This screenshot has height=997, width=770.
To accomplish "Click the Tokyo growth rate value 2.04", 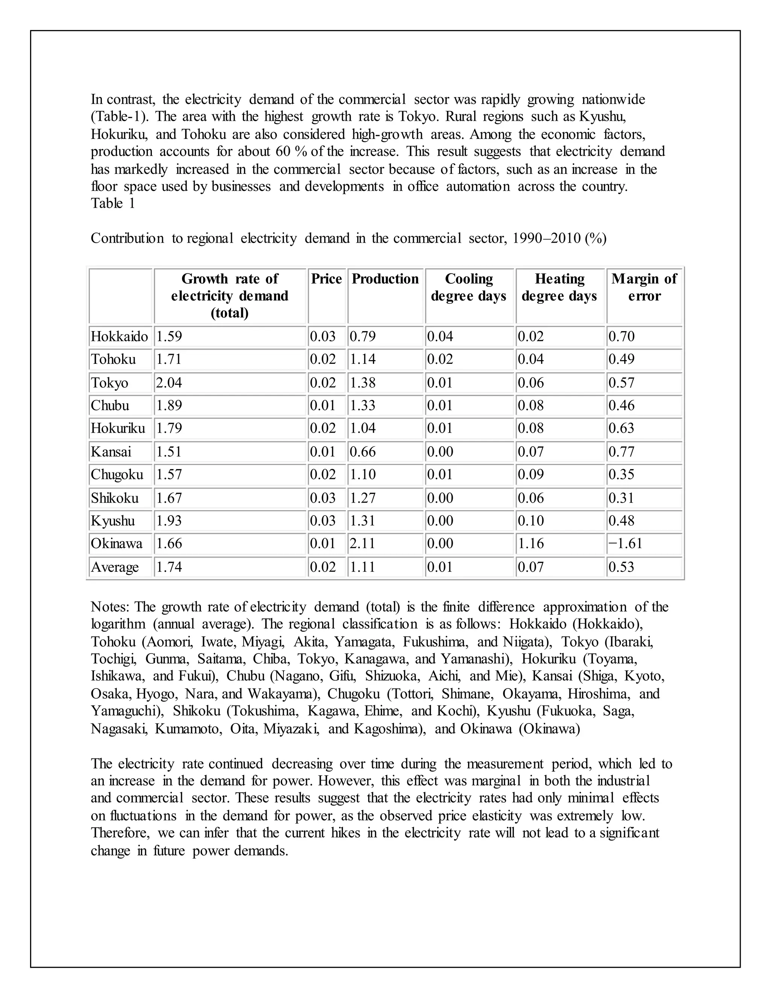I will [169, 383].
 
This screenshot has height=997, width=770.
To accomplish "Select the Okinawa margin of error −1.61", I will [625, 543].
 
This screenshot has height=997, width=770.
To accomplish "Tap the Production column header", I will [385, 279].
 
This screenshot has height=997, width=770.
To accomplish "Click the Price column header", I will [326, 279].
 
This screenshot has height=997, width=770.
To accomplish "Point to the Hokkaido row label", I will [119, 336].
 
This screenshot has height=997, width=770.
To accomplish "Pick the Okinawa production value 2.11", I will [363, 543].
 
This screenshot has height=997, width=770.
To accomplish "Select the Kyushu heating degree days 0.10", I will [531, 520].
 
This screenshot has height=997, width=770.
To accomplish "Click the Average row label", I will [115, 567].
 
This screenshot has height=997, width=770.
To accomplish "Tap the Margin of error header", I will [644, 287].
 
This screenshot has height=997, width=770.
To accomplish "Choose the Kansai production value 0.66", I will [363, 451].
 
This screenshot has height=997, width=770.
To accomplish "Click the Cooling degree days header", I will [468, 287].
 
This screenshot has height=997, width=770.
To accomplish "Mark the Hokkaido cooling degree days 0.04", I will [440, 336].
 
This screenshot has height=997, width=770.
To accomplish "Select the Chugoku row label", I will [117, 474].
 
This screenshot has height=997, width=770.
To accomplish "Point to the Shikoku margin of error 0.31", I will [621, 498].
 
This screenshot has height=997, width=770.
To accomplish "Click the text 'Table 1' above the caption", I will [113, 203].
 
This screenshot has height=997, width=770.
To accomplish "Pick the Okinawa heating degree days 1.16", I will [531, 543].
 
